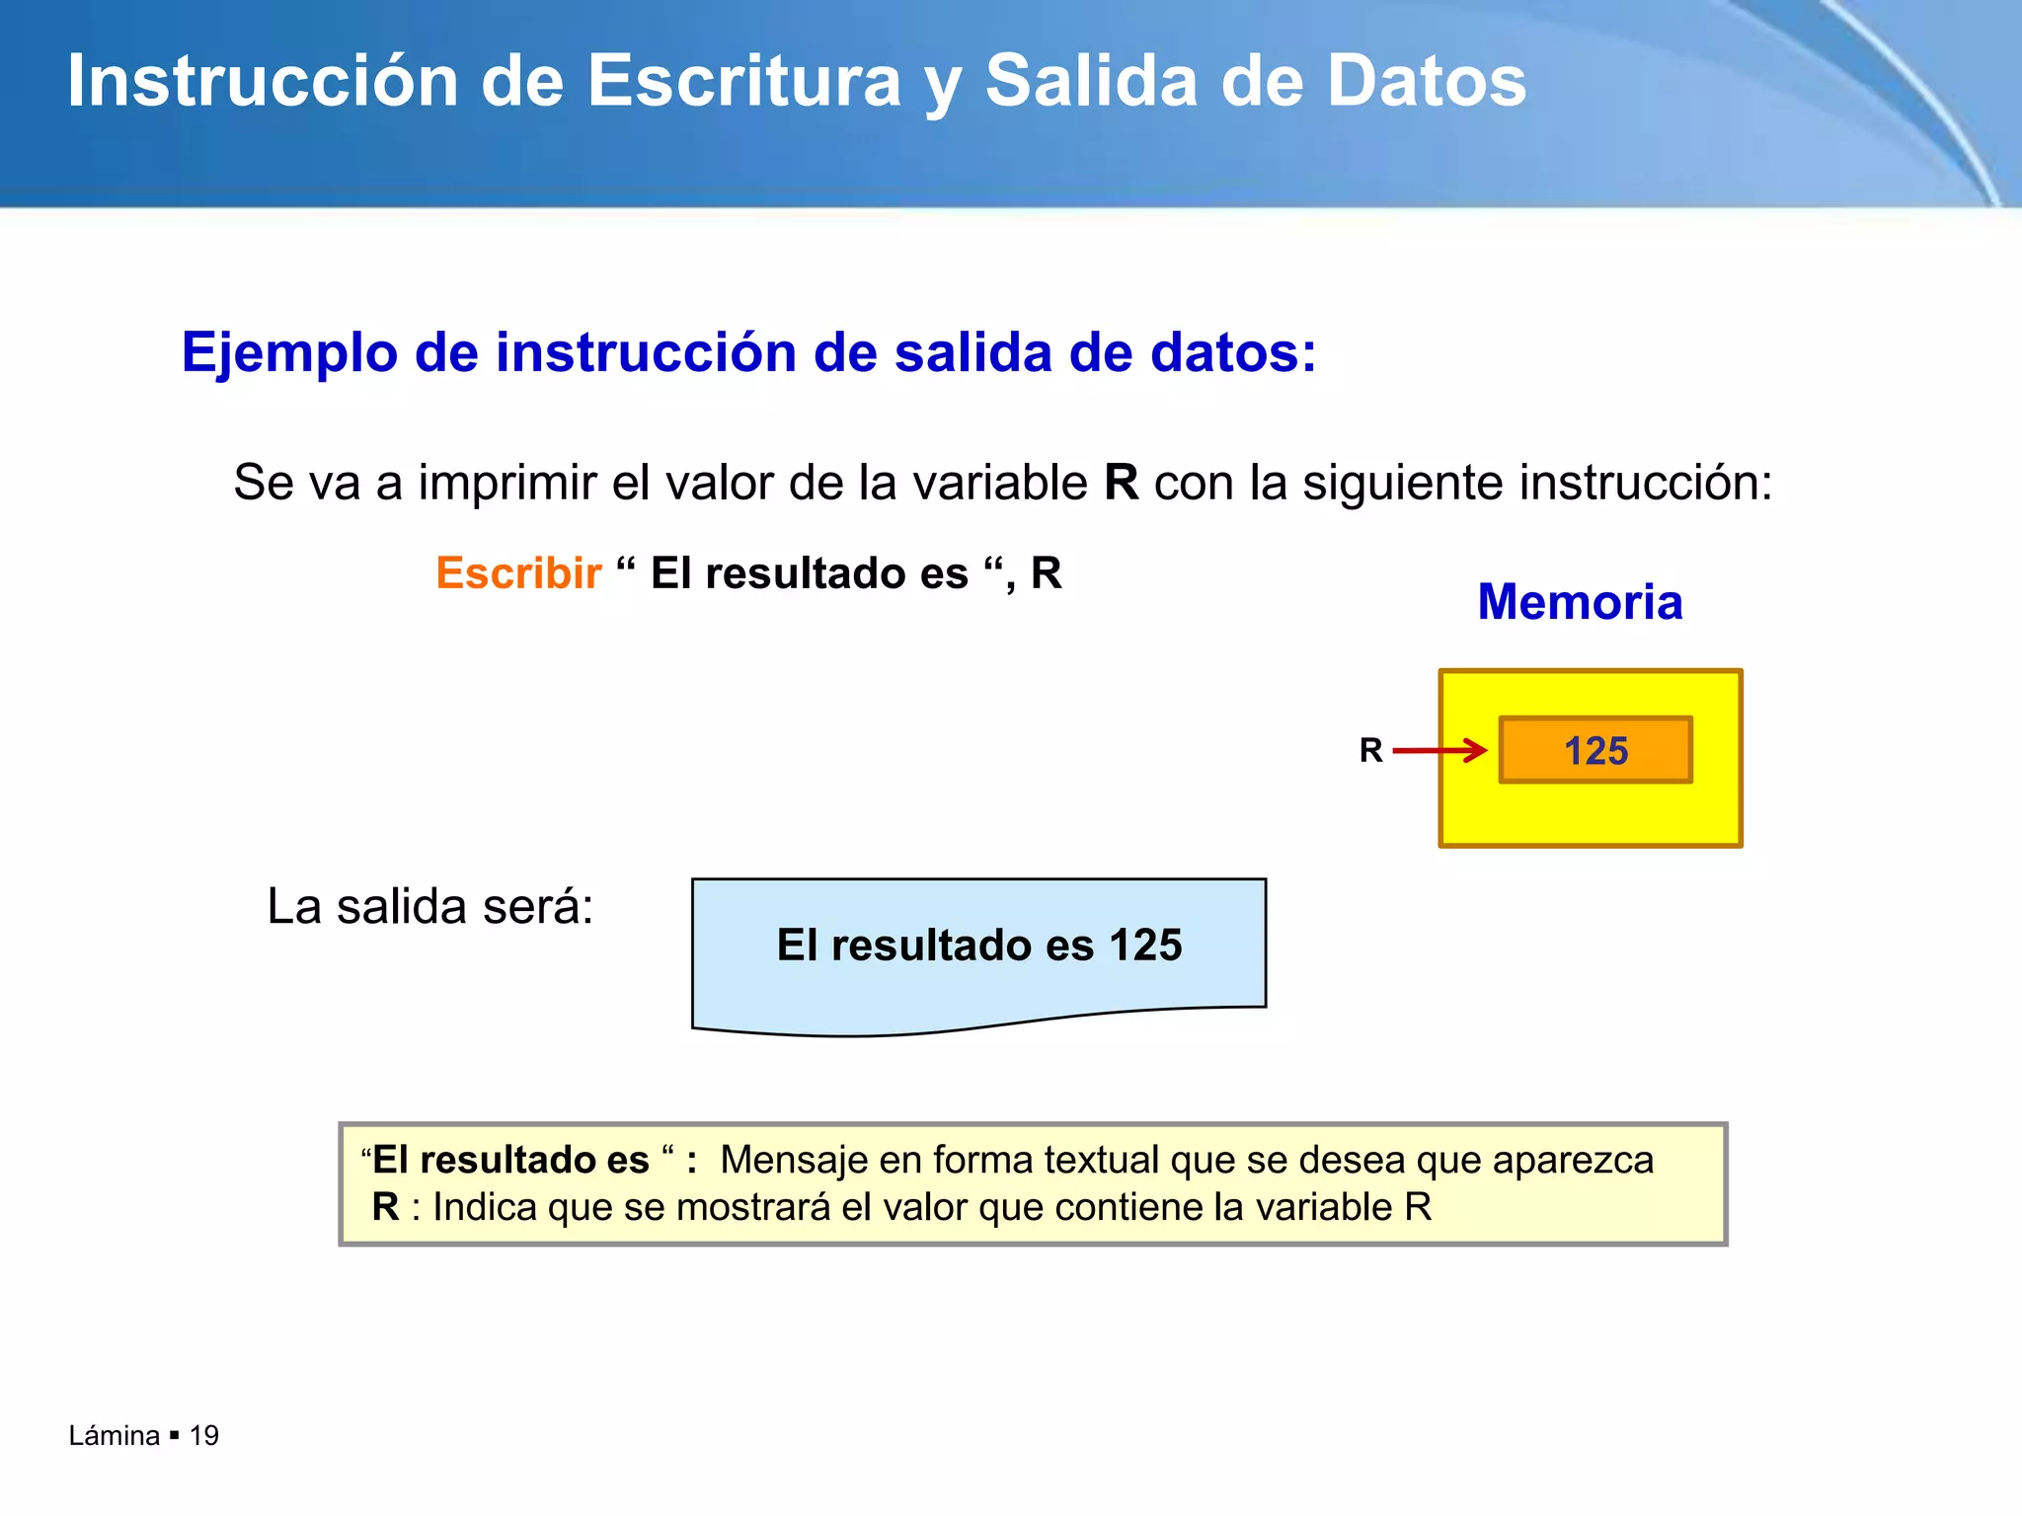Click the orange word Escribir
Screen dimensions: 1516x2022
[x=518, y=573]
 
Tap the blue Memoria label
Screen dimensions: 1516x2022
[x=1580, y=602]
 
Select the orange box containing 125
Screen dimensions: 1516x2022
[x=1595, y=750]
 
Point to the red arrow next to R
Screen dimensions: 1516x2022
[x=1439, y=750]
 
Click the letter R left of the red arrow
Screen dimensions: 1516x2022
[x=1370, y=750]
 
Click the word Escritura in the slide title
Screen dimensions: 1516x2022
[x=744, y=81]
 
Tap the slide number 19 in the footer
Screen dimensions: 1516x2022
[x=203, y=1435]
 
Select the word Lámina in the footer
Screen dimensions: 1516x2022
[x=115, y=1435]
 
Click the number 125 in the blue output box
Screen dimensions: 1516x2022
[x=1145, y=946]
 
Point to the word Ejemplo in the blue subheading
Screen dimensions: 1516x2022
[x=289, y=353]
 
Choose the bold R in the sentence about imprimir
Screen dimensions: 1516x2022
[x=1121, y=483]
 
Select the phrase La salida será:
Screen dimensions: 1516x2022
[x=430, y=906]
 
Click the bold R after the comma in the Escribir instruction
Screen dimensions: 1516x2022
[x=1047, y=573]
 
